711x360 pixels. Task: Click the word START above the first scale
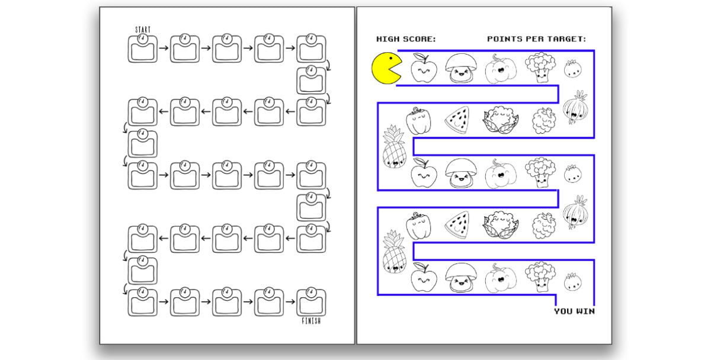click(143, 30)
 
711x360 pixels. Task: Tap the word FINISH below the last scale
click(311, 321)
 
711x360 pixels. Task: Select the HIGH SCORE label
click(406, 39)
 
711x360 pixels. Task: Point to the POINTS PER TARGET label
click(536, 39)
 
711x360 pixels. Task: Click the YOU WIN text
click(575, 311)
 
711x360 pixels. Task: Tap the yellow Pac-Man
click(386, 68)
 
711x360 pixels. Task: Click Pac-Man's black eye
click(391, 59)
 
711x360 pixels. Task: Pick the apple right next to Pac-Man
click(424, 68)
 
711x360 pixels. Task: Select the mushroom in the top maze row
click(461, 68)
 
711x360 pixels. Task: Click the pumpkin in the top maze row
click(501, 69)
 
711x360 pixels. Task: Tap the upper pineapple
click(394, 146)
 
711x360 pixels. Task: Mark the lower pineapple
click(394, 252)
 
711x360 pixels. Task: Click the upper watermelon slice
click(457, 120)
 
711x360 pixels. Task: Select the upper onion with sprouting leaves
click(575, 107)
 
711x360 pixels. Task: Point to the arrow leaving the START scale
click(164, 48)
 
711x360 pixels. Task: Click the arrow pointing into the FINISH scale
click(290, 301)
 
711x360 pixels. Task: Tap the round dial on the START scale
click(143, 39)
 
